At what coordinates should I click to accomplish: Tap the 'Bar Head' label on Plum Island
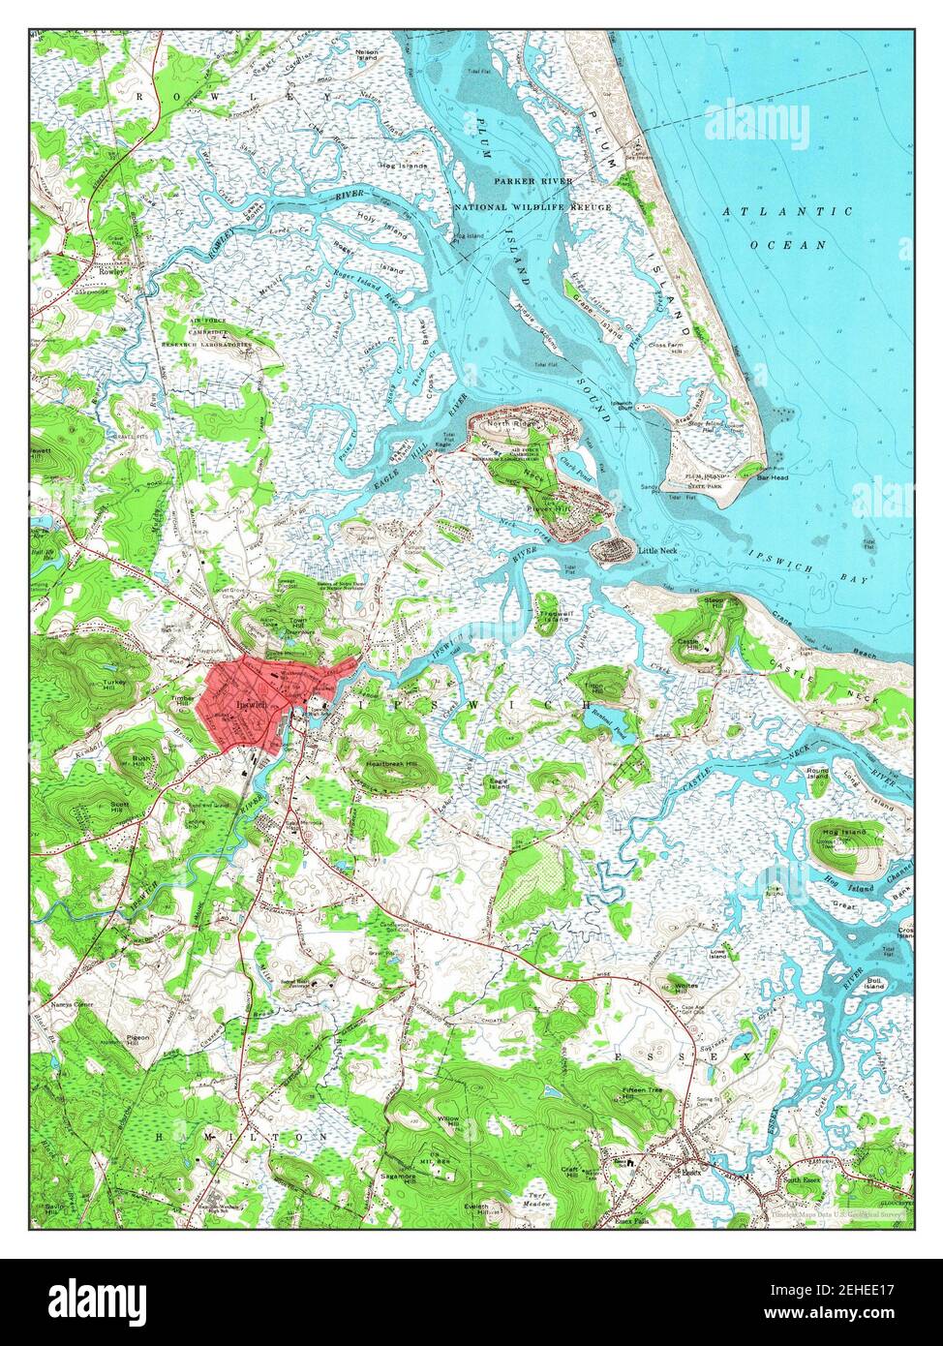coord(774,477)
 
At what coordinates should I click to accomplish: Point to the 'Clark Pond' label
coord(576,462)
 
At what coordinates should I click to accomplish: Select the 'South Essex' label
coord(803,1180)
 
